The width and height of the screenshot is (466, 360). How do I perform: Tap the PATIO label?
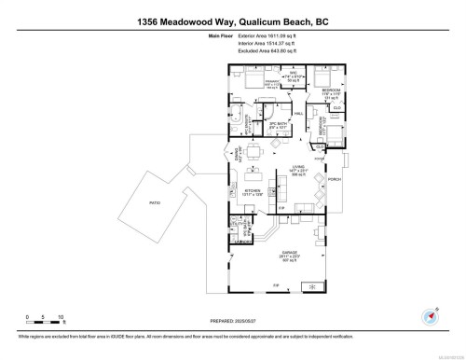coord(155,202)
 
